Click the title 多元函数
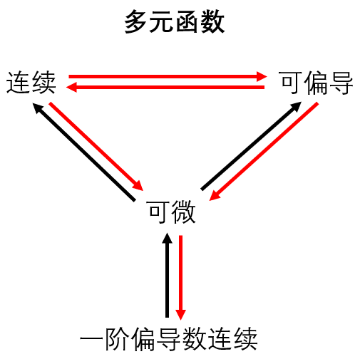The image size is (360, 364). coord(175,21)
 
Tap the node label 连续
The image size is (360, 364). coord(31,82)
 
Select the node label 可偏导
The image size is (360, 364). coord(317,83)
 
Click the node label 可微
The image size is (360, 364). coord(172,212)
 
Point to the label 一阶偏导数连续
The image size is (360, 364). coord(169,338)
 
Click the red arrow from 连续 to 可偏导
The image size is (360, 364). coord(168,76)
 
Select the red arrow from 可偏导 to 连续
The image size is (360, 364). coord(165,87)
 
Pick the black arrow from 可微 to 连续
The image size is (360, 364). coord(84,152)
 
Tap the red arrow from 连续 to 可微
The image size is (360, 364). coord(96,146)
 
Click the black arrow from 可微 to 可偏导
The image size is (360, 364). coord(251,146)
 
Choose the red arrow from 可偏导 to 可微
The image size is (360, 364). coord(264,152)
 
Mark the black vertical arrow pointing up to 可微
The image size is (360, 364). coord(168,275)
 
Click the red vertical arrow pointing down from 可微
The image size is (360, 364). coord(180,278)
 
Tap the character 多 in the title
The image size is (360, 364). coord(137,21)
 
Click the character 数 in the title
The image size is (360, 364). coord(212,21)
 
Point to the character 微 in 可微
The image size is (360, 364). coord(184,212)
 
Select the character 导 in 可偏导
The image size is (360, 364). coord(341,83)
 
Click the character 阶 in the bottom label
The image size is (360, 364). coord(118,338)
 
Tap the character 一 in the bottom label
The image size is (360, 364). coord(92,339)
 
